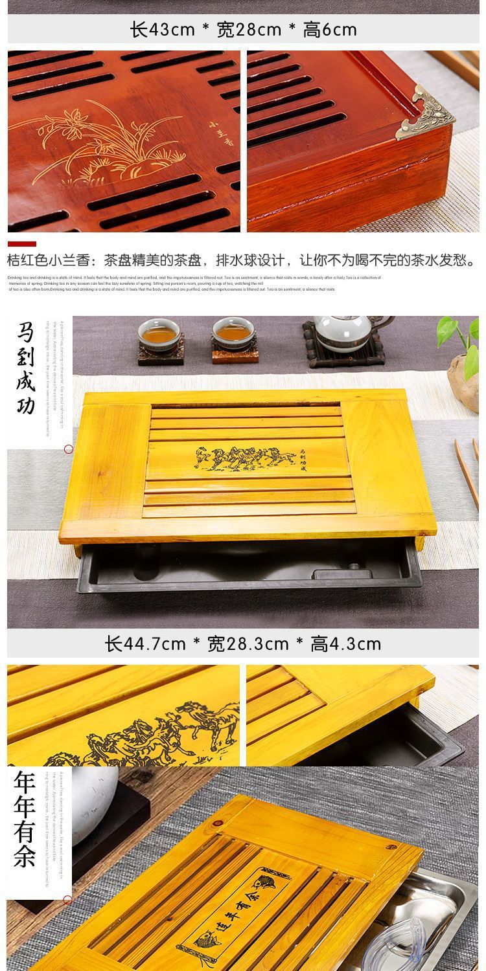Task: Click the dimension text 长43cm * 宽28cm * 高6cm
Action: [243, 30]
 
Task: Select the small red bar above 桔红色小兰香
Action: [22, 245]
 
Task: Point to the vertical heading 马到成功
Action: [27, 369]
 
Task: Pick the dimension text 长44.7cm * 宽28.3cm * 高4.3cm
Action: [243, 644]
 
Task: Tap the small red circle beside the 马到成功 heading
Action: [68, 449]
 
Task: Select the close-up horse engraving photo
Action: [123, 715]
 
